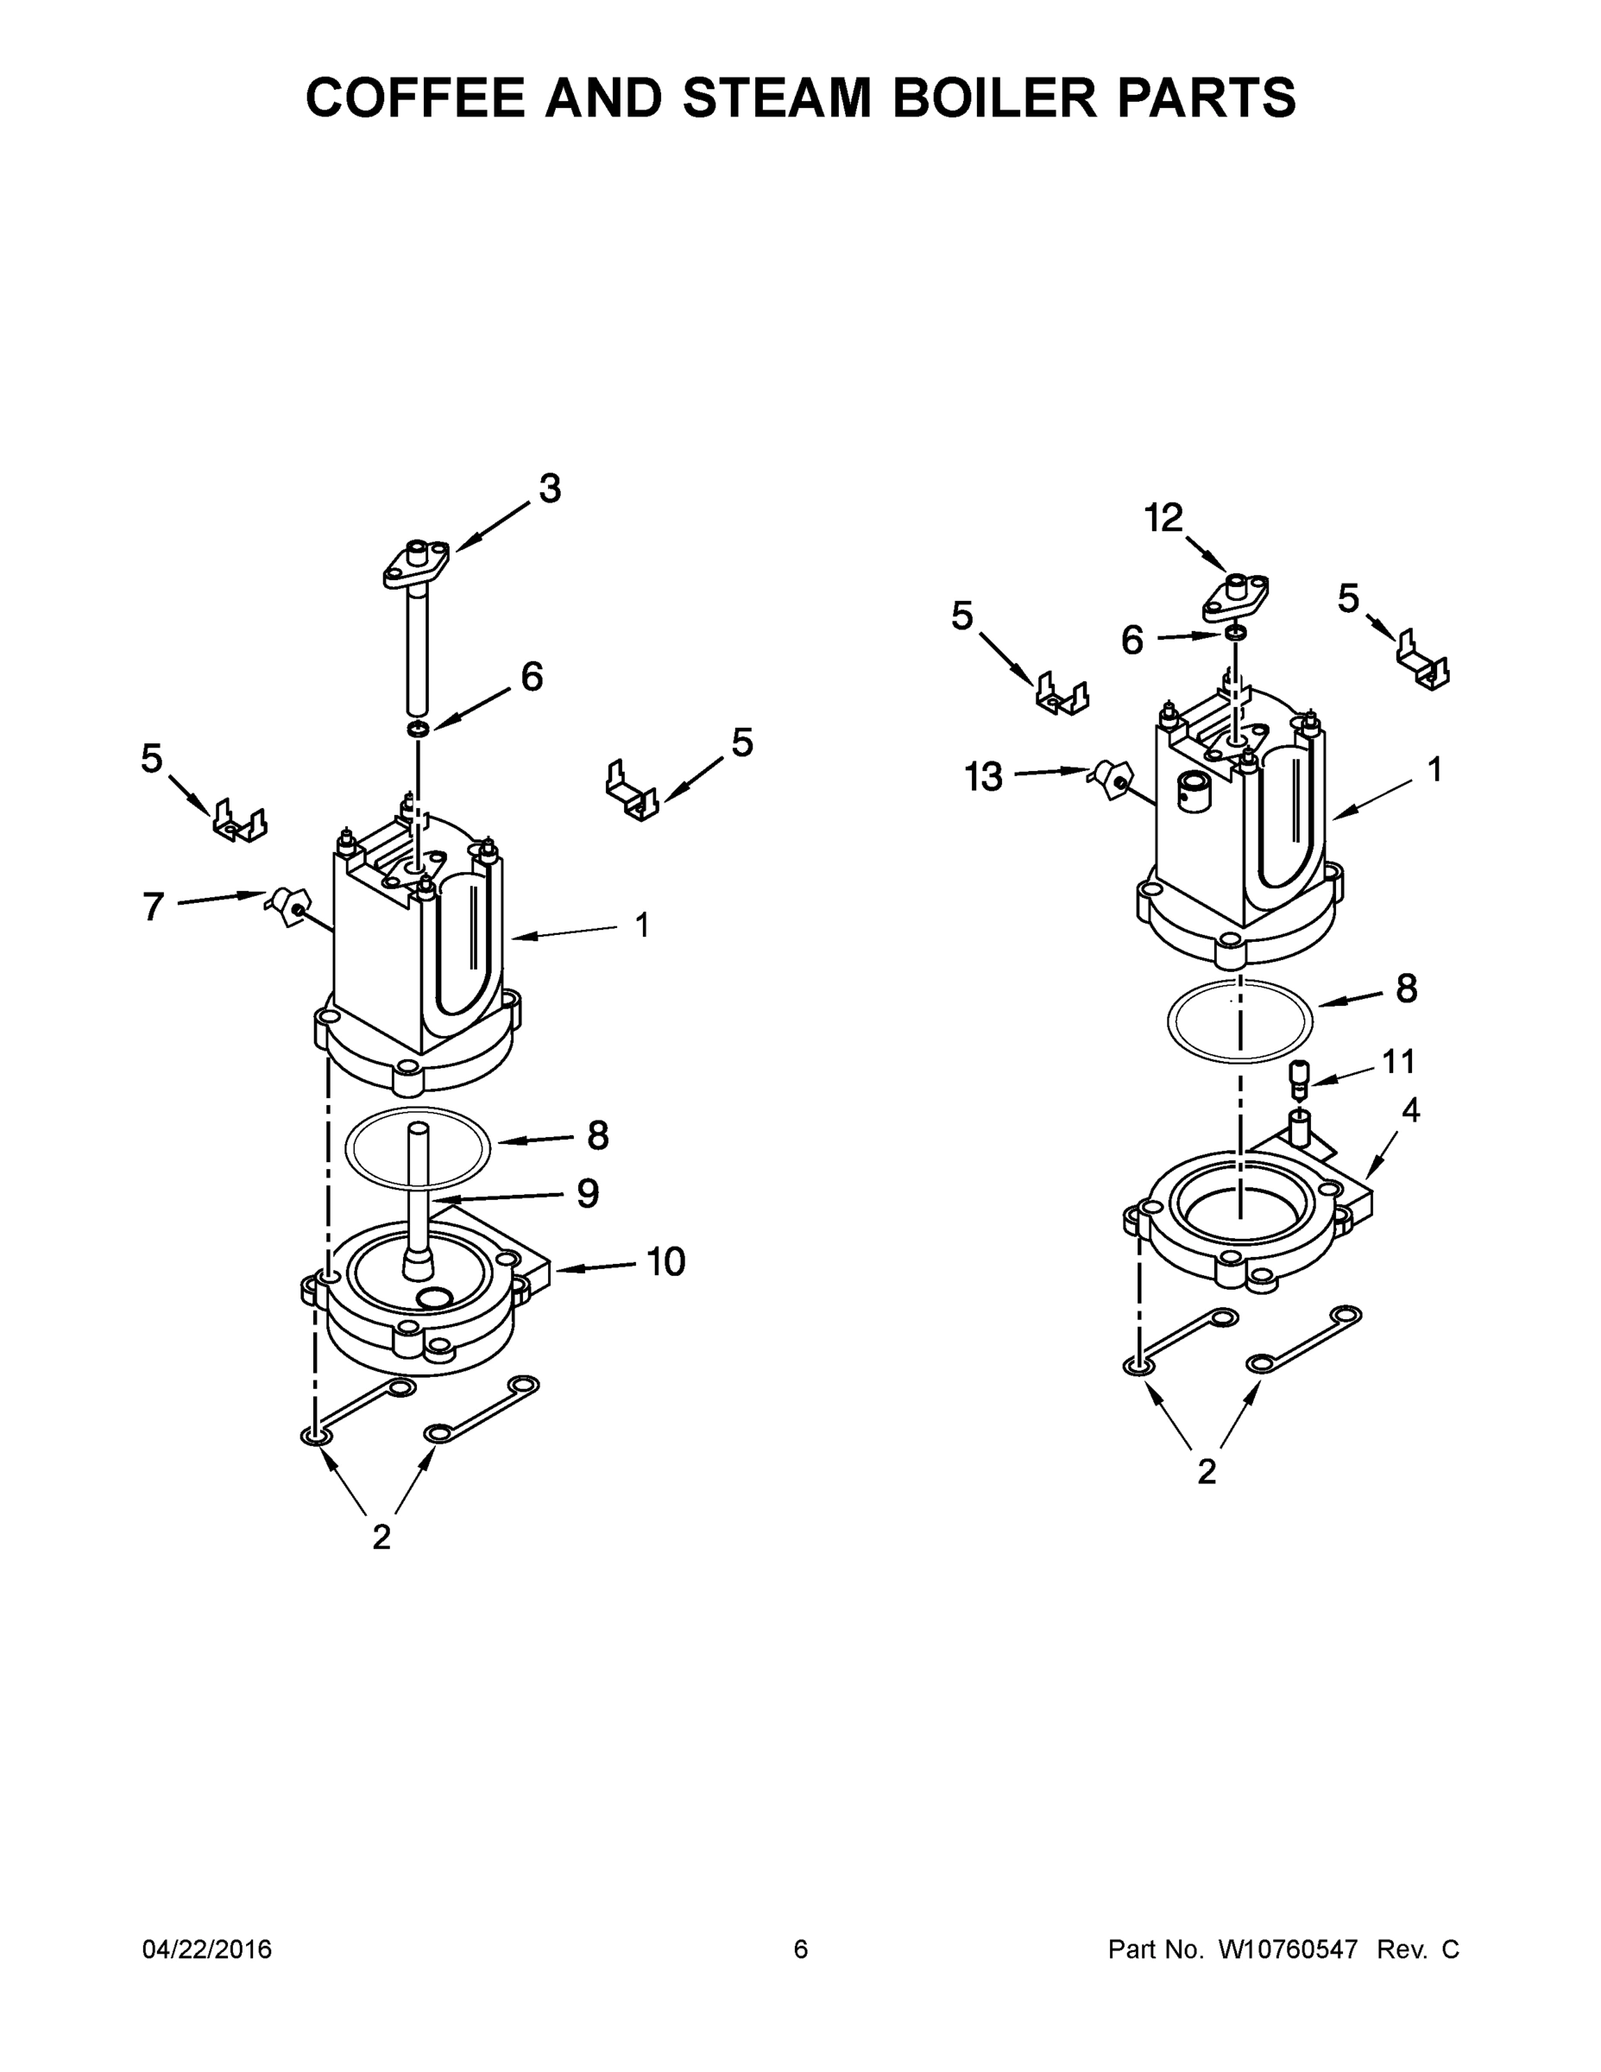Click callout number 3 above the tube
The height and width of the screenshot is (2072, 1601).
(x=549, y=489)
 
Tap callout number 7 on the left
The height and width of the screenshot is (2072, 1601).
(x=154, y=907)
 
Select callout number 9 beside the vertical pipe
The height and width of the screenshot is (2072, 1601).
(x=588, y=1193)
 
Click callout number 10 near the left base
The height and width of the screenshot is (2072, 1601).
(x=665, y=1262)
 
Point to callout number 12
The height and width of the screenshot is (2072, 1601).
(x=1163, y=518)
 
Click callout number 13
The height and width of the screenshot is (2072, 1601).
(x=984, y=777)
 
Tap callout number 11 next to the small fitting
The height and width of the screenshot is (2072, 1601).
(x=1398, y=1061)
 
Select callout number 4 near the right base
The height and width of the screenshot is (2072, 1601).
(x=1410, y=1110)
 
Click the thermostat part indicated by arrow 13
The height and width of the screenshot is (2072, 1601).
(x=1109, y=779)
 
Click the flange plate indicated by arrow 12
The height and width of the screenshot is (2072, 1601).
(x=1236, y=597)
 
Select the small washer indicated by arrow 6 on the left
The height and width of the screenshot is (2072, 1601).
(x=419, y=729)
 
